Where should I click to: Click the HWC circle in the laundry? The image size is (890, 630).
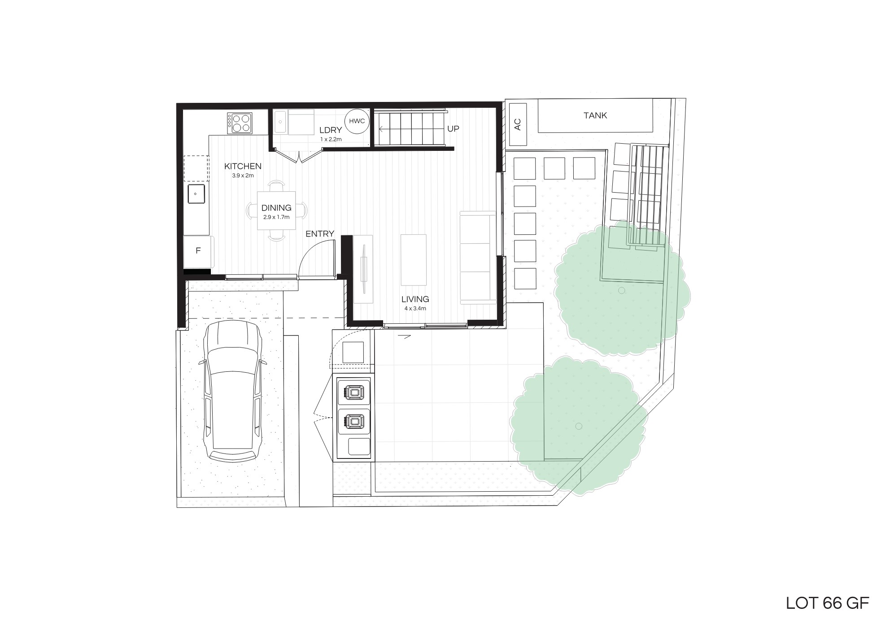coord(357,121)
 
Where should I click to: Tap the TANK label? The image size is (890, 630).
coord(595,115)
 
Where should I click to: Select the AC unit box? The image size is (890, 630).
coord(518,124)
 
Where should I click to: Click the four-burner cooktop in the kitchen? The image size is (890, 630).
coord(240,123)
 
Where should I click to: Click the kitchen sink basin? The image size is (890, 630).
coord(196,194)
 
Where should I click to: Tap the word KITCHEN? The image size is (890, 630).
coord(243,167)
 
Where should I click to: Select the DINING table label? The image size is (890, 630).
coord(276,208)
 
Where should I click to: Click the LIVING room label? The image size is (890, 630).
coord(415,299)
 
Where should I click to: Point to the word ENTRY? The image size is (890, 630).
coord(320,233)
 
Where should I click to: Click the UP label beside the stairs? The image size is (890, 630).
coord(453,129)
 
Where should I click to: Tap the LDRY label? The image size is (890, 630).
coord(331,130)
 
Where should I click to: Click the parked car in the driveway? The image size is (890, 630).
coord(232,391)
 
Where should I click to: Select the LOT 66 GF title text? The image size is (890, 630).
coord(828,604)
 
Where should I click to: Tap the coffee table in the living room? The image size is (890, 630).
coord(414,260)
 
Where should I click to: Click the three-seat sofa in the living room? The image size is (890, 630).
coord(478,257)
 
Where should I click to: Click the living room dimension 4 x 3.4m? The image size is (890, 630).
coord(415,308)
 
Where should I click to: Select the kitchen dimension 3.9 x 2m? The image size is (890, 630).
coord(243,176)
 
